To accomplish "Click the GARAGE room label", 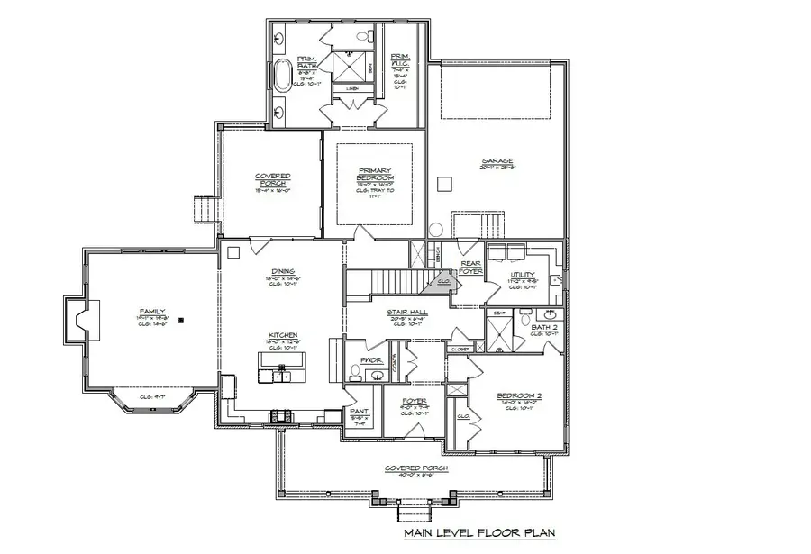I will (497, 161).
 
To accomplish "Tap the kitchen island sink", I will (281, 367).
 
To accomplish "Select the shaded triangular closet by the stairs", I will (444, 282).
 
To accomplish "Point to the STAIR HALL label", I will (407, 313).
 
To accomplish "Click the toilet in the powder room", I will (356, 371).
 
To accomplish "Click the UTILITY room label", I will (523, 275).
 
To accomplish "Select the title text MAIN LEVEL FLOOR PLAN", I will (478, 533).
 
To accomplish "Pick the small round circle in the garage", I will (435, 230).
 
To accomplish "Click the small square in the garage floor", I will (442, 183).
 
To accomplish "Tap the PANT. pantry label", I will (358, 411).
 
